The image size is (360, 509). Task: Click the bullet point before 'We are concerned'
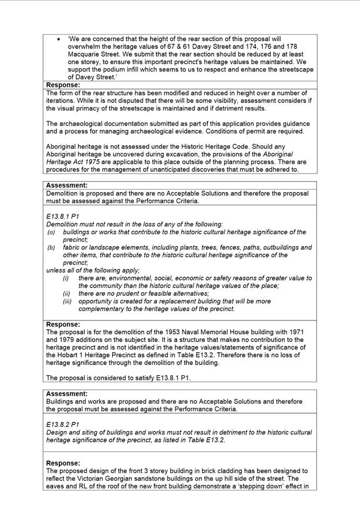click(59, 39)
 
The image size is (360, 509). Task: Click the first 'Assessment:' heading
click(67, 186)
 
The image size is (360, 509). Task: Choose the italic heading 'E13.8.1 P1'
click(63, 216)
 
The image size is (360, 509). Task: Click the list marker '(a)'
click(51, 232)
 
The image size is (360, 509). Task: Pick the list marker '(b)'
click(51, 247)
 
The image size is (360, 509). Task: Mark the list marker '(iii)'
click(67, 301)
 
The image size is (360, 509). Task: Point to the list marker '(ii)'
click(67, 293)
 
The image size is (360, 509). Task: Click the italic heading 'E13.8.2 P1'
click(63, 424)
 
